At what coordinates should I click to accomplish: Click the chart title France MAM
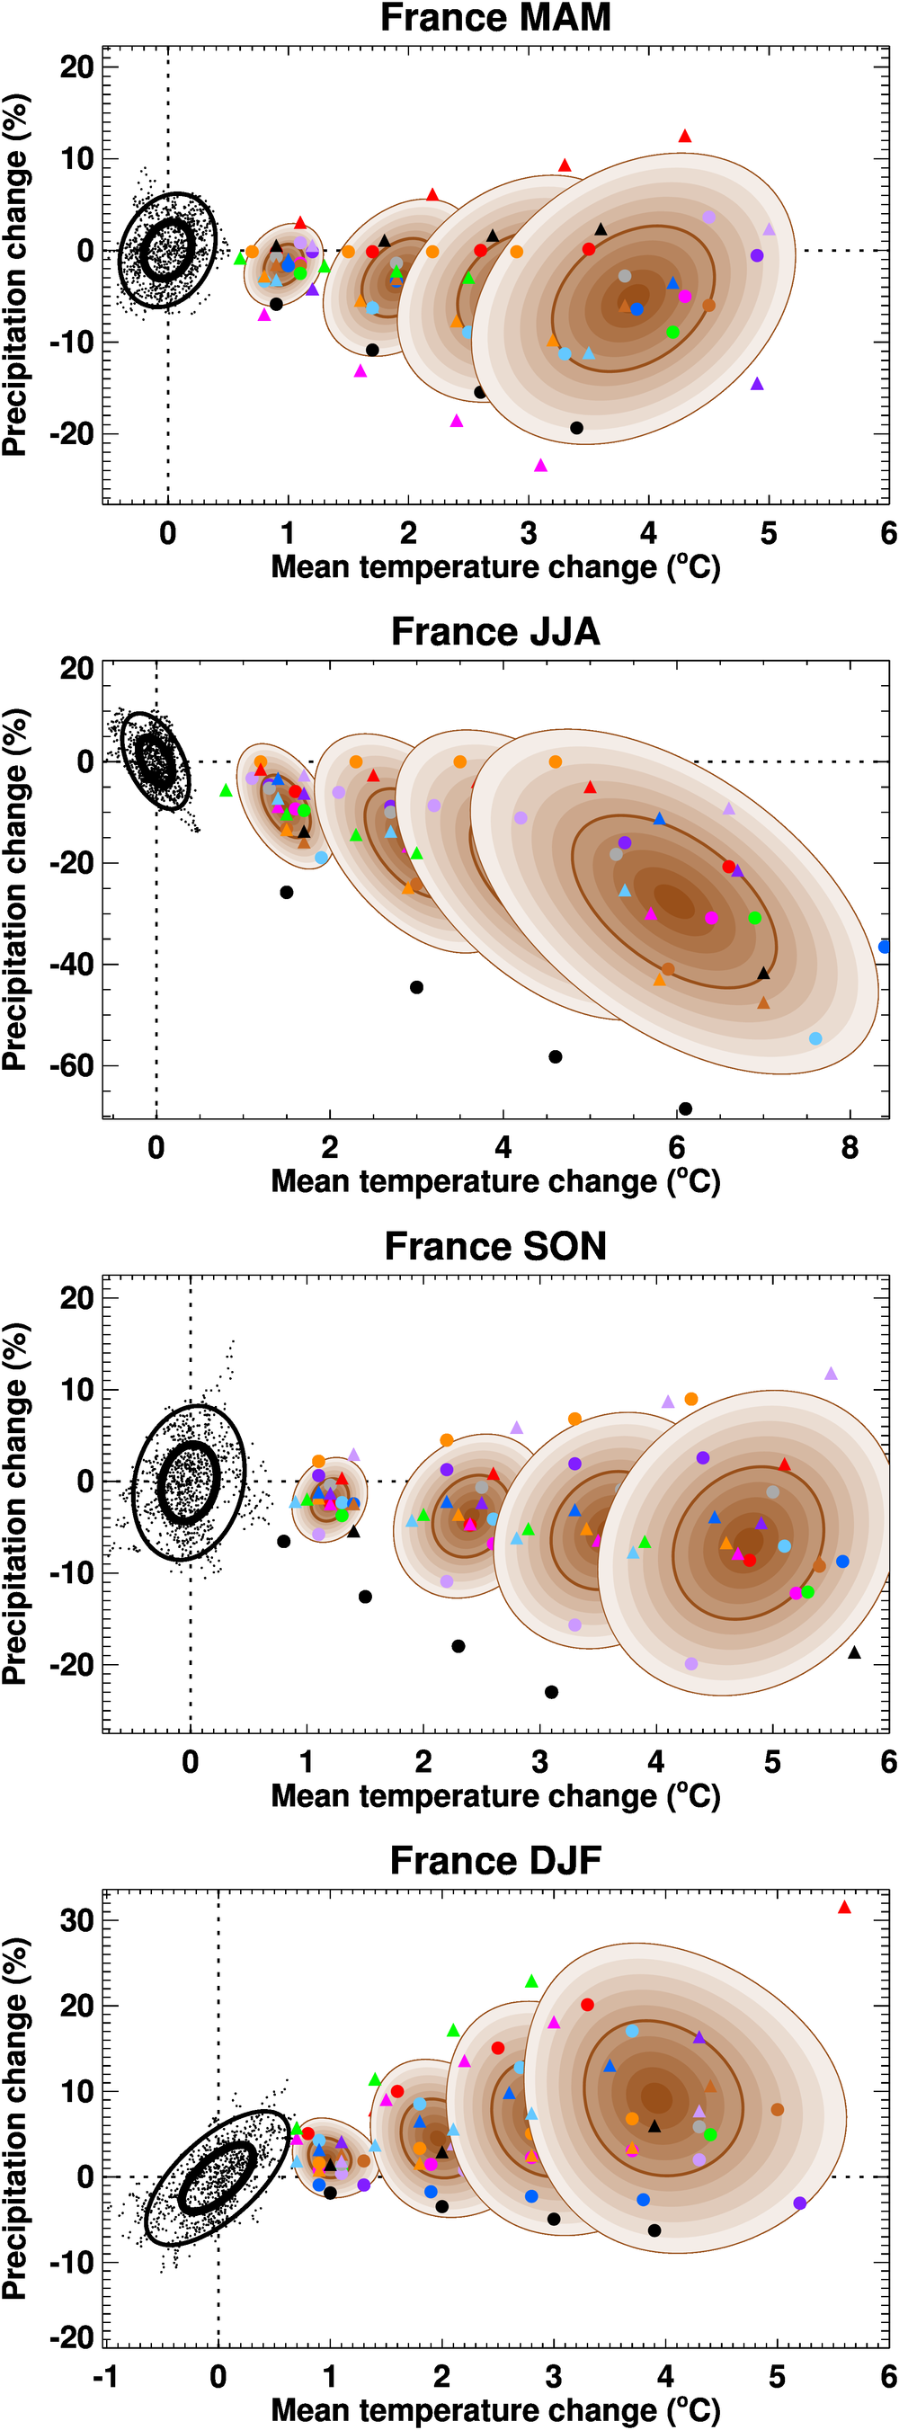tap(495, 18)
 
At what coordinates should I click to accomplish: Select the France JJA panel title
tap(495, 632)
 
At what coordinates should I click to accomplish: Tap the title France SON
tap(495, 1246)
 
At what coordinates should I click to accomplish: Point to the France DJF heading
tap(495, 1860)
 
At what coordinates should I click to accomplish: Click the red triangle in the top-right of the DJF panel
tap(844, 1908)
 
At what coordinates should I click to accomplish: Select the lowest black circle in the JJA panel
tap(685, 1108)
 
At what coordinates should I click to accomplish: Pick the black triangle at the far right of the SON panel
tap(855, 1651)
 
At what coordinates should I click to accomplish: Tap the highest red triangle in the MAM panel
tap(685, 136)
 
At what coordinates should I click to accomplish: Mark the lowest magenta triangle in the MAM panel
tap(540, 465)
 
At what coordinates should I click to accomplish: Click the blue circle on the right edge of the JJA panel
tap(885, 946)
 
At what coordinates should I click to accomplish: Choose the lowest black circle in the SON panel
tap(552, 1691)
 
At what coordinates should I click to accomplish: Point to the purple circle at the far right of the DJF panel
tap(800, 2221)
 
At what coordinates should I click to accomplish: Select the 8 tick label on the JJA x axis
tap(850, 1148)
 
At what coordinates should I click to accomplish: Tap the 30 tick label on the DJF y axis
tap(77, 1920)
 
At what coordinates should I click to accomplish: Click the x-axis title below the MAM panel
tap(495, 567)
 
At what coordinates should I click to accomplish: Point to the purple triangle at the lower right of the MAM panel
tap(757, 384)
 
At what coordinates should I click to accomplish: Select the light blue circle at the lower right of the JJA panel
tap(816, 1038)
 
